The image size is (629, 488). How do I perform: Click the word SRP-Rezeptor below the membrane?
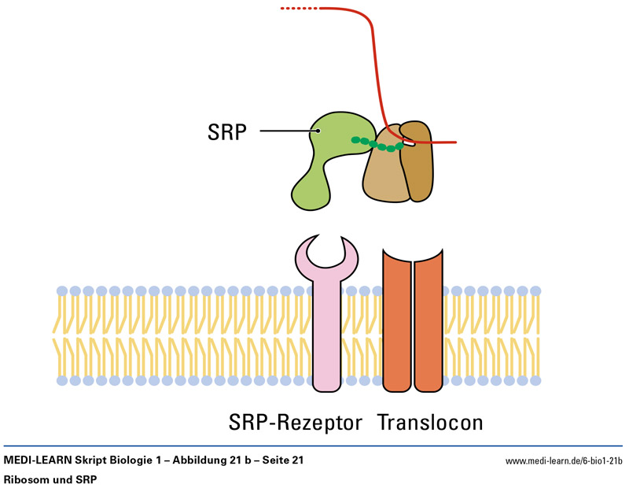coord(294,423)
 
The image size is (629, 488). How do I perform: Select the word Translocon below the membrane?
coord(430,423)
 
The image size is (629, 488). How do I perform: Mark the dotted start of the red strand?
coord(299,9)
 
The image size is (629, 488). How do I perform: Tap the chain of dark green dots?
coord(377,144)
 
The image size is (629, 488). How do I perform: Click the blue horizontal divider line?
coord(314,446)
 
